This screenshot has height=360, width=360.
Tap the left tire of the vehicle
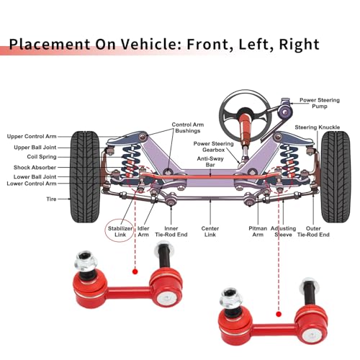pyautogui.click(x=85, y=177)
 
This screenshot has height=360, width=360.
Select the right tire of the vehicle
pyautogui.click(x=336, y=177)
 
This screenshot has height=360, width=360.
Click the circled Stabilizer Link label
pyautogui.click(x=120, y=231)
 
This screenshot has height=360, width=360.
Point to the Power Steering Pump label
pyautogui.click(x=320, y=103)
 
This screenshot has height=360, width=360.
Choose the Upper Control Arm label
pyautogui.click(x=32, y=136)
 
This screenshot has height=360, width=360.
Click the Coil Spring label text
pyautogui.click(x=42, y=157)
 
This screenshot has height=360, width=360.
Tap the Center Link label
pyautogui.click(x=210, y=231)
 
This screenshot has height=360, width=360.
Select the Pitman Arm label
pyautogui.click(x=258, y=231)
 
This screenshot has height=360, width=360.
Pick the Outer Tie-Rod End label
pyautogui.click(x=313, y=231)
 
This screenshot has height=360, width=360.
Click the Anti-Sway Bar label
pyautogui.click(x=210, y=161)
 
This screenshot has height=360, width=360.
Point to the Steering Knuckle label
pyautogui.click(x=318, y=127)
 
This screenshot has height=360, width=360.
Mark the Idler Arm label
pyautogui.click(x=143, y=231)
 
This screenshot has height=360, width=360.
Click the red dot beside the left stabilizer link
pyautogui.click(x=135, y=271)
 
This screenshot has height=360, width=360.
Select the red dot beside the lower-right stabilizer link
pyautogui.click(x=279, y=314)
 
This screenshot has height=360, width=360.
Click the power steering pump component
pyautogui.click(x=285, y=109)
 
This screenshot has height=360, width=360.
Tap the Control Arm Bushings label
pyautogui.click(x=188, y=127)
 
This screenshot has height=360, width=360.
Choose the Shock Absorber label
pyautogui.click(x=35, y=167)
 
